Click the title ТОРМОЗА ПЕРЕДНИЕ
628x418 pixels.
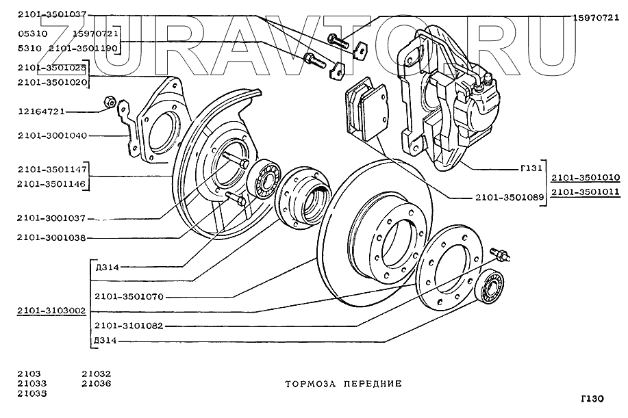coord(343,384)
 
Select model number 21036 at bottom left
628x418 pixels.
coord(96,384)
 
